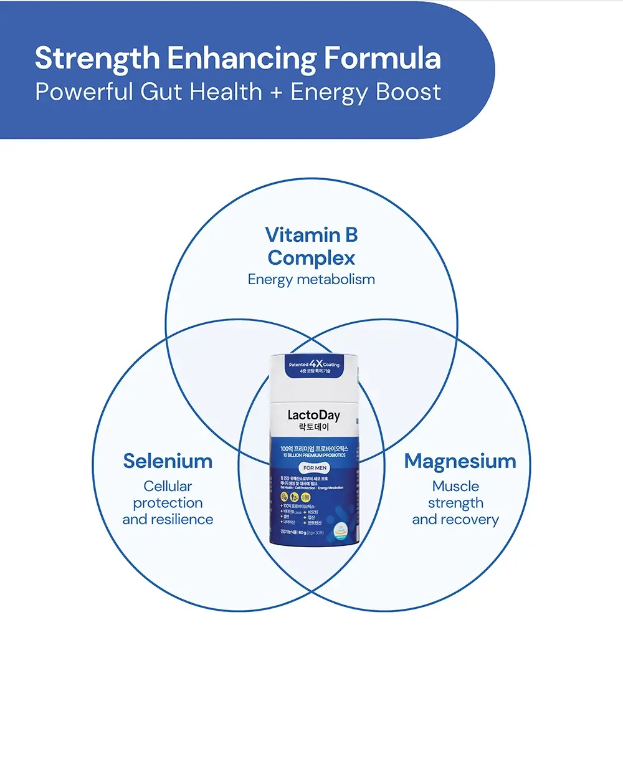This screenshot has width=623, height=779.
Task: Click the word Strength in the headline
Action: click(97, 59)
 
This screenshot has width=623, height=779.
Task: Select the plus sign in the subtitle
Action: click(276, 92)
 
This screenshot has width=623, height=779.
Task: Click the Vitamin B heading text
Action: click(311, 235)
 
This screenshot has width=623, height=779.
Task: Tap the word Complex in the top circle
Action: click(311, 258)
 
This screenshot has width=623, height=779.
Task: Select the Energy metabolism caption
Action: click(311, 280)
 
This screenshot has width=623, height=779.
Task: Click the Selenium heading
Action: click(168, 461)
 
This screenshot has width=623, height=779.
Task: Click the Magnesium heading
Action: click(460, 461)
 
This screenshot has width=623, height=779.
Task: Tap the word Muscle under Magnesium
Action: click(455, 486)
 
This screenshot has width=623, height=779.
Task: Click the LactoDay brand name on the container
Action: click(313, 415)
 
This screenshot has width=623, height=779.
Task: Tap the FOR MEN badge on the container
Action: click(315, 467)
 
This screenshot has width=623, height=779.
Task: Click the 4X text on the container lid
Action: click(316, 363)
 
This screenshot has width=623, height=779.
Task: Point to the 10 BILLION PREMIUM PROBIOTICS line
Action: click(314, 456)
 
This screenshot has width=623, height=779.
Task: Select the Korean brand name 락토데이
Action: click(313, 428)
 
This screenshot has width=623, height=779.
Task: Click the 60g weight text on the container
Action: click(303, 533)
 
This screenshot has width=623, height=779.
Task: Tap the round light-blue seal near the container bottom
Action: click(340, 530)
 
